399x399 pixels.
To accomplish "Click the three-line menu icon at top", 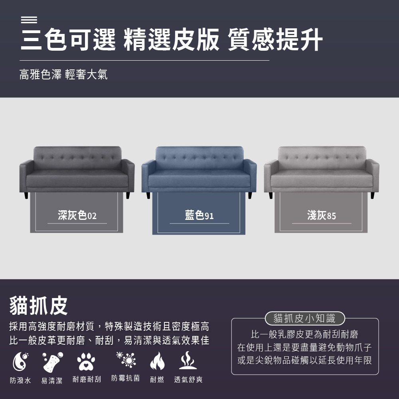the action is click(x=29, y=20).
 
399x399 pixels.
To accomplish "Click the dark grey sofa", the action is click(x=77, y=172).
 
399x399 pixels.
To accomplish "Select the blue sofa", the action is click(x=199, y=172).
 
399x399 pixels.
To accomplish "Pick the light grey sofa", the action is click(x=321, y=172).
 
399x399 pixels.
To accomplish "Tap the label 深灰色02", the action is click(x=77, y=215).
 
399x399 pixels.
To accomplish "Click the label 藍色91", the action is click(x=199, y=215).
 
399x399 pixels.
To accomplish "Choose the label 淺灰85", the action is click(x=322, y=215).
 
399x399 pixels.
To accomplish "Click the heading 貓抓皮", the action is click(x=38, y=306).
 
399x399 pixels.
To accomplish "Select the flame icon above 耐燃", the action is click(x=157, y=361).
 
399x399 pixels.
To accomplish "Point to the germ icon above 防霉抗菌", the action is click(x=126, y=359).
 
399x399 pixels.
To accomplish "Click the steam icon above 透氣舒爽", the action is click(x=188, y=360).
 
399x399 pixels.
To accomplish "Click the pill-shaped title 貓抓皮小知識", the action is click(x=305, y=318).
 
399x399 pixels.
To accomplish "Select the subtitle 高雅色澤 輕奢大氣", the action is click(x=63, y=74).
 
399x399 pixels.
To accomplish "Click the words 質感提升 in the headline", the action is click(x=275, y=40).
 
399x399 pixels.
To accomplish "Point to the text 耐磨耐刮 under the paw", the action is click(x=87, y=379).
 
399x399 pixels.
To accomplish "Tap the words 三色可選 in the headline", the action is click(x=68, y=40).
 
